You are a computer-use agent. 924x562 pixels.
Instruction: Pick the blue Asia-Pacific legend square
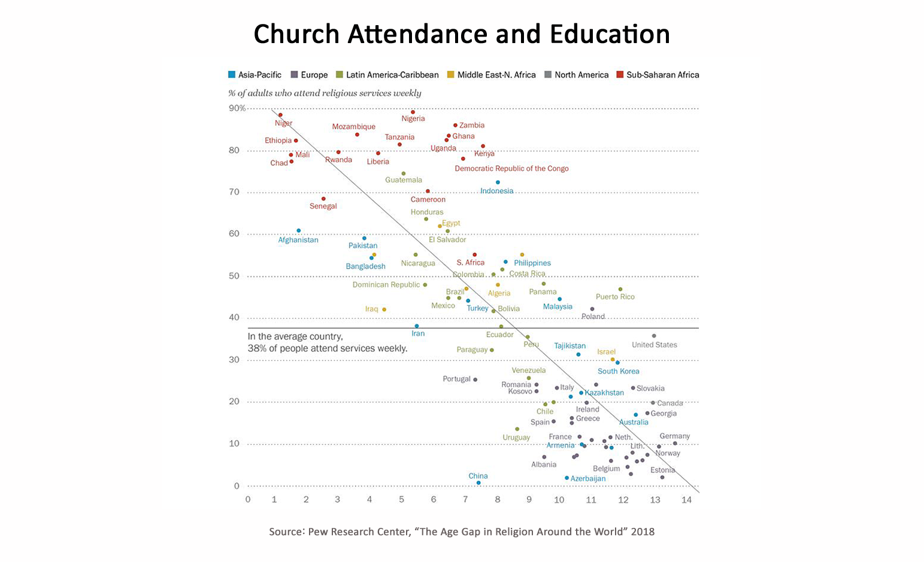[232, 75]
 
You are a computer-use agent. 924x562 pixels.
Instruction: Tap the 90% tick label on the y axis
[237, 108]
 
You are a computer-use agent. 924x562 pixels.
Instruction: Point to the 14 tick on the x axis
[686, 500]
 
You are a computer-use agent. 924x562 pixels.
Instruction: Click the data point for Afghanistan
[299, 230]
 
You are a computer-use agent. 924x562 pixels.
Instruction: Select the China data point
[478, 482]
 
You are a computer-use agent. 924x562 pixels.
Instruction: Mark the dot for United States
[654, 336]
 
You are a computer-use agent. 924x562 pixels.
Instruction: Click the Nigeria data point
[413, 112]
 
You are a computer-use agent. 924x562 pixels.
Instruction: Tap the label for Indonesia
[496, 191]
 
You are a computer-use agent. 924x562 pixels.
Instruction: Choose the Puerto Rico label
[615, 297]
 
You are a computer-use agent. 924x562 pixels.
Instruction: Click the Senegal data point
[323, 199]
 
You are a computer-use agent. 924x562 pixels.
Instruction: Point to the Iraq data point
[384, 309]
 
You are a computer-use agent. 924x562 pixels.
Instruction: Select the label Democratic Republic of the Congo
[511, 169]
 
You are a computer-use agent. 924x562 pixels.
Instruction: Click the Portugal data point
[475, 379]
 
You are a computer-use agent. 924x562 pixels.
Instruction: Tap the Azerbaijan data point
[566, 478]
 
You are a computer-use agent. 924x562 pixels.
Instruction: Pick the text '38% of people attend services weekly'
[328, 348]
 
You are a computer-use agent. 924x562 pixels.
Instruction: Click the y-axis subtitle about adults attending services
[325, 93]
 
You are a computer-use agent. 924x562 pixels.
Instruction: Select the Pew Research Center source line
[461, 531]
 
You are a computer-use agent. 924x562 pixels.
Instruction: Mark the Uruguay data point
[517, 429]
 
